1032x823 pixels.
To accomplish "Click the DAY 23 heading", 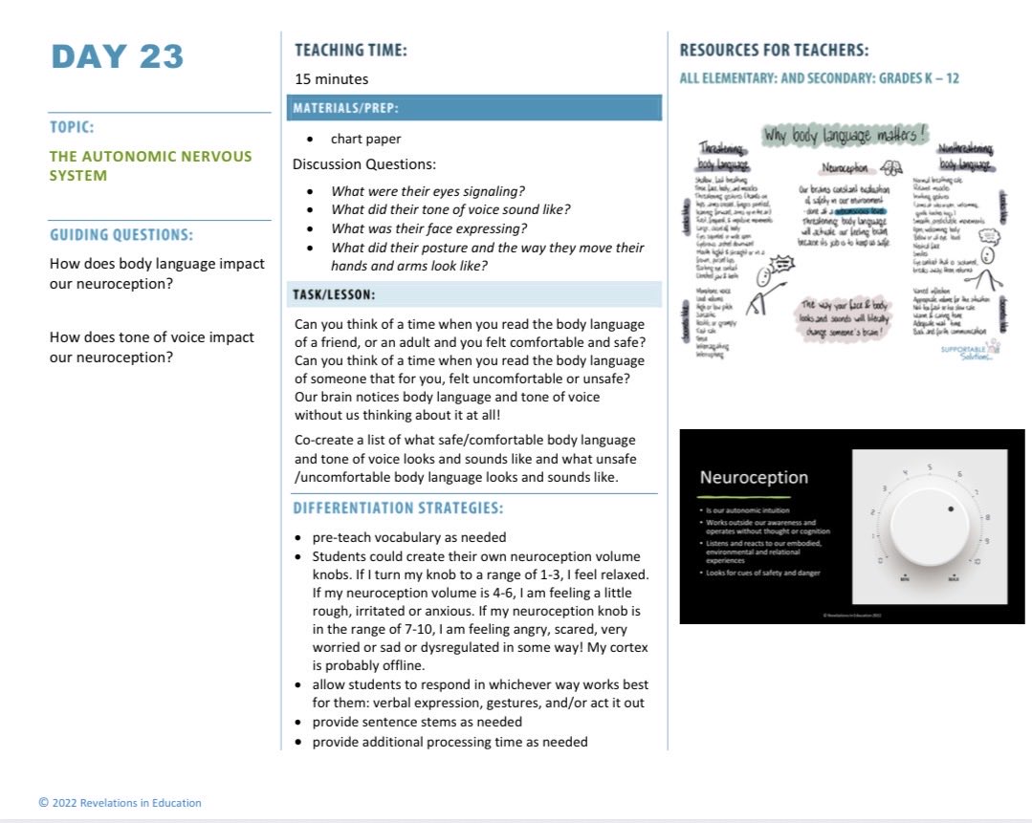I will click(117, 56).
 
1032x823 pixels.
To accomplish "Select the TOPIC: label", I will click(72, 126).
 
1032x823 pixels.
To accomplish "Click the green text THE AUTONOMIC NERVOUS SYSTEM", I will click(150, 165).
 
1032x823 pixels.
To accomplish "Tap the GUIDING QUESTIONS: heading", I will click(121, 234).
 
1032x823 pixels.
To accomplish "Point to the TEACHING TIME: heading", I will click(350, 50).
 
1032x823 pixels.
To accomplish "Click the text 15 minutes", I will click(331, 79).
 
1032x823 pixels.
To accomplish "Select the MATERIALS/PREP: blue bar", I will click(473, 107).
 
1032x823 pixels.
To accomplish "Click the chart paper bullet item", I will click(365, 139).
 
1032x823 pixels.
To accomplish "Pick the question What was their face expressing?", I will click(429, 228).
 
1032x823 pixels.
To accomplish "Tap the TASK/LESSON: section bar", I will click(473, 294).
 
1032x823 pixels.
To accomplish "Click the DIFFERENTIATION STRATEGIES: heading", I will click(398, 508).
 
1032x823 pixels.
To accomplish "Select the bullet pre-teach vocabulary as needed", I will click(408, 537).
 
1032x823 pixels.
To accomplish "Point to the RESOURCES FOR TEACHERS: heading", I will click(774, 50).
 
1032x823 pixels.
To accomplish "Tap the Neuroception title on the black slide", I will click(754, 477).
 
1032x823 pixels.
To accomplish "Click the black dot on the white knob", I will click(950, 509).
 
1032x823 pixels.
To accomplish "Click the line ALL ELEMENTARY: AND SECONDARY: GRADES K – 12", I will click(819, 78).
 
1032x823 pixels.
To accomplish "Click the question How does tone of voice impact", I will click(151, 336).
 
